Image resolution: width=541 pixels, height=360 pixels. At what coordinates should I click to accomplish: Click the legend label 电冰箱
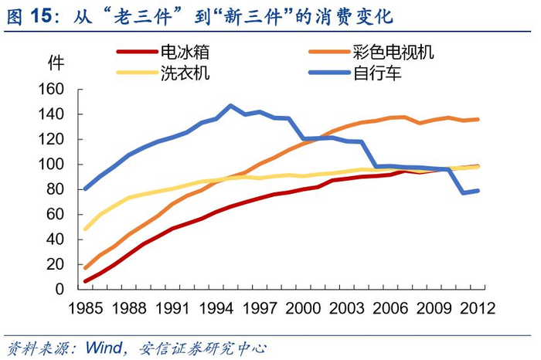pyautogui.click(x=184, y=53)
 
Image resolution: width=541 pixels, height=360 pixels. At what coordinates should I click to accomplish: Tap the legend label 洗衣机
pyautogui.click(x=184, y=73)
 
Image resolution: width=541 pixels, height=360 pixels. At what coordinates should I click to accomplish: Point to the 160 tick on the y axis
pyautogui.click(x=56, y=90)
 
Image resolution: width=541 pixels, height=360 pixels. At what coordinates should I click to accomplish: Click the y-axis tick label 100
pyautogui.click(x=56, y=165)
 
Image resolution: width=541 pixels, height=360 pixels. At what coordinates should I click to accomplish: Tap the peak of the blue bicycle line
pyautogui.click(x=231, y=106)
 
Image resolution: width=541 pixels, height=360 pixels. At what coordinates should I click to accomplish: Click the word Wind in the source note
pyautogui.click(x=110, y=345)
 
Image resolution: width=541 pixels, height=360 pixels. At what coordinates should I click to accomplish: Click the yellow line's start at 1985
pyautogui.click(x=85, y=229)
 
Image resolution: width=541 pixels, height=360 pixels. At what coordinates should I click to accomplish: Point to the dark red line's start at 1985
pyautogui.click(x=85, y=281)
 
